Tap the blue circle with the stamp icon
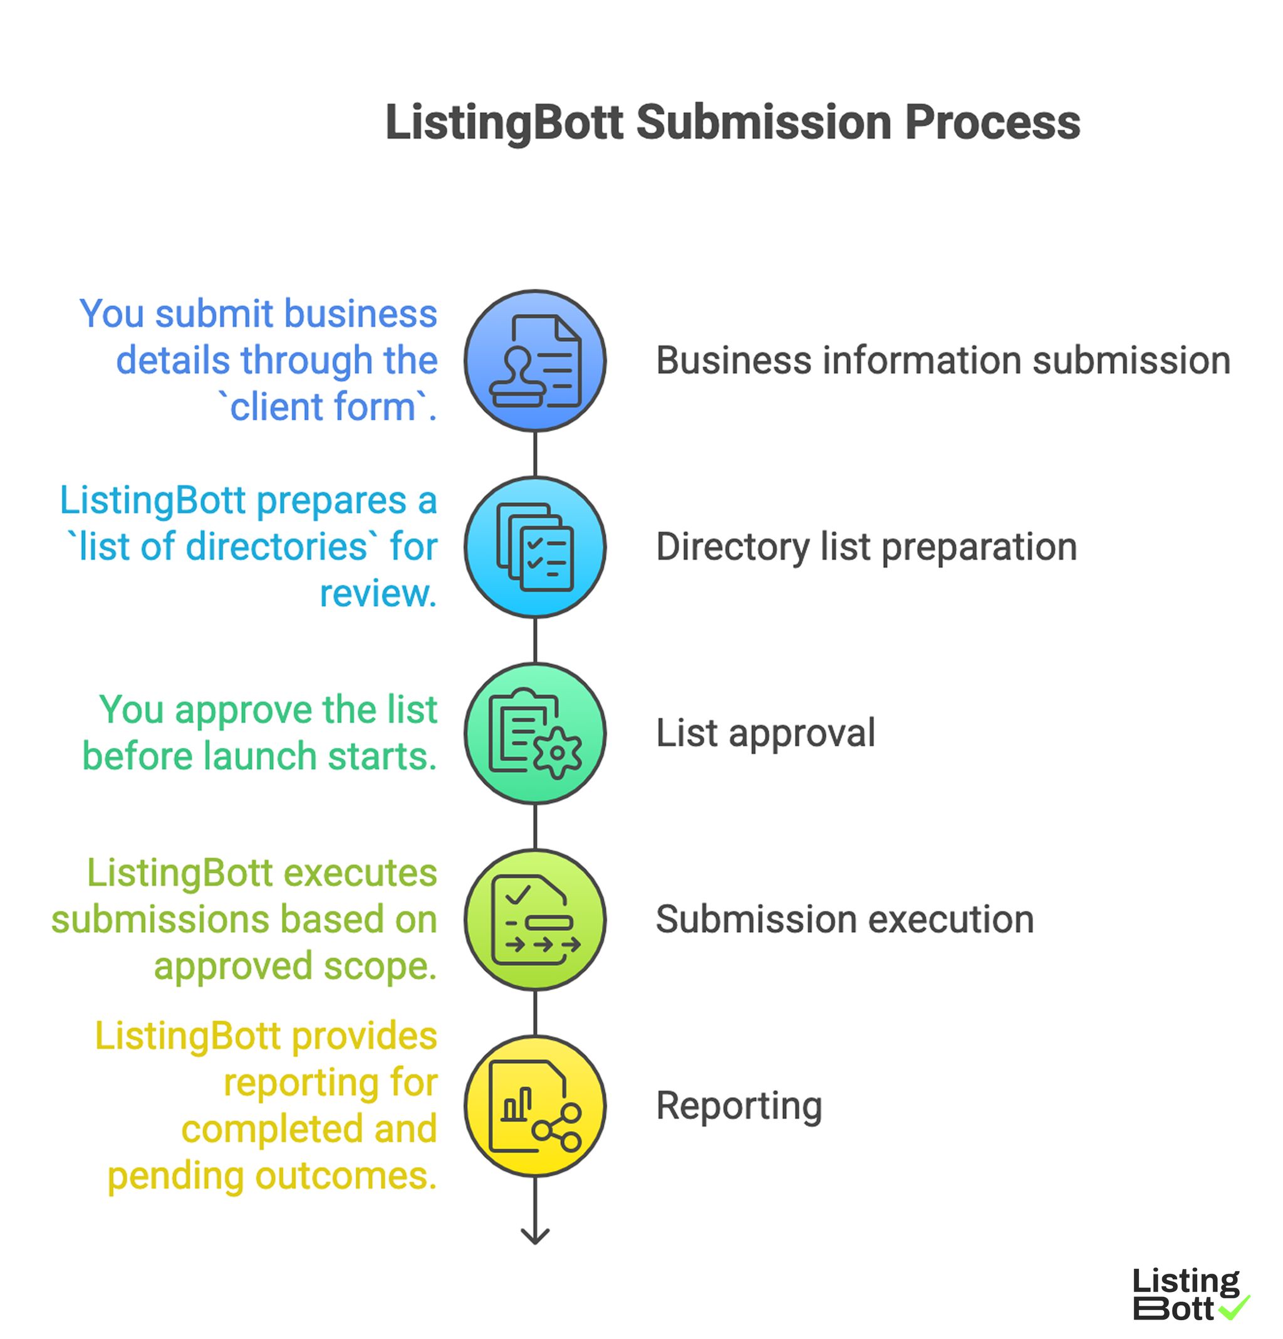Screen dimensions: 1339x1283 coord(534,360)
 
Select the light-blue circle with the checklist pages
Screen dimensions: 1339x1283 coord(534,547)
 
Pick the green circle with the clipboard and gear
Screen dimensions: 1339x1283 coord(534,733)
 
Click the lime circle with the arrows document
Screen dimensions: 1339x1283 coord(534,920)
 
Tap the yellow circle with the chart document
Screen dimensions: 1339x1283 coord(534,1105)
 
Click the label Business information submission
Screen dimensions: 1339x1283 coord(943,360)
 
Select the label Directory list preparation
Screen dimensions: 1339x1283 coord(866,547)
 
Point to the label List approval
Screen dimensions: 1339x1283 coord(765,733)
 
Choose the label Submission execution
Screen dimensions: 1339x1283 coord(844,920)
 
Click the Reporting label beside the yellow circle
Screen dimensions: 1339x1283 coord(738,1105)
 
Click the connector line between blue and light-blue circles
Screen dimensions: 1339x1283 coord(534,454)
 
